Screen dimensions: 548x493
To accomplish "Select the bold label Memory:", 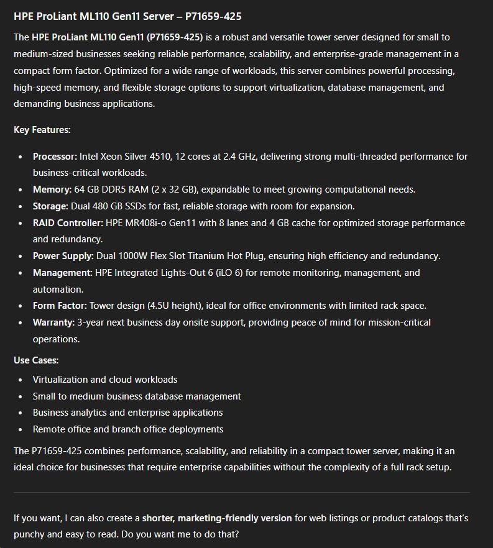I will (x=52, y=190).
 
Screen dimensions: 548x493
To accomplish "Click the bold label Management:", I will (x=62, y=273).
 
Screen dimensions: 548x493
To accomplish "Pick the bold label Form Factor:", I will (x=60, y=306).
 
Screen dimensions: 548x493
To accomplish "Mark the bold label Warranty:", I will (x=53, y=322).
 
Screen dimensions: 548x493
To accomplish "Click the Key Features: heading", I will (x=42, y=130).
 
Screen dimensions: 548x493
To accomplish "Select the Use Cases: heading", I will (x=36, y=360).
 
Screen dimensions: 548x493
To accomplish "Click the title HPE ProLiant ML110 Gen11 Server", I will (x=127, y=16).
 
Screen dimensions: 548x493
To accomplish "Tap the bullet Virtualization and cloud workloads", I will (x=105, y=380).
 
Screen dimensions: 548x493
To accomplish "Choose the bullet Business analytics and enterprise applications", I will (x=127, y=413).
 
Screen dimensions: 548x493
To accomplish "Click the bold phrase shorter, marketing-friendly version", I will (x=217, y=518).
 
